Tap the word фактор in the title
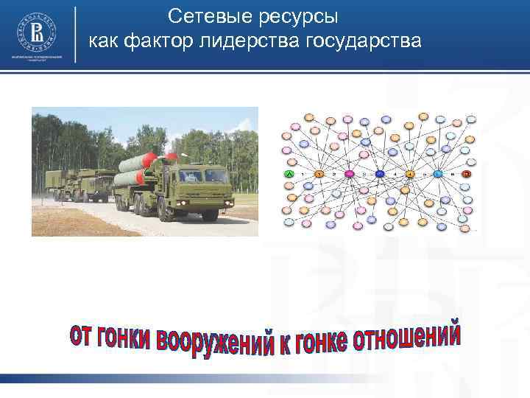[157, 41]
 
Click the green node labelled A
[289, 174]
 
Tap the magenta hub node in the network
[349, 174]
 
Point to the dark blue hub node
[379, 174]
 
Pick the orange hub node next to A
[319, 174]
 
